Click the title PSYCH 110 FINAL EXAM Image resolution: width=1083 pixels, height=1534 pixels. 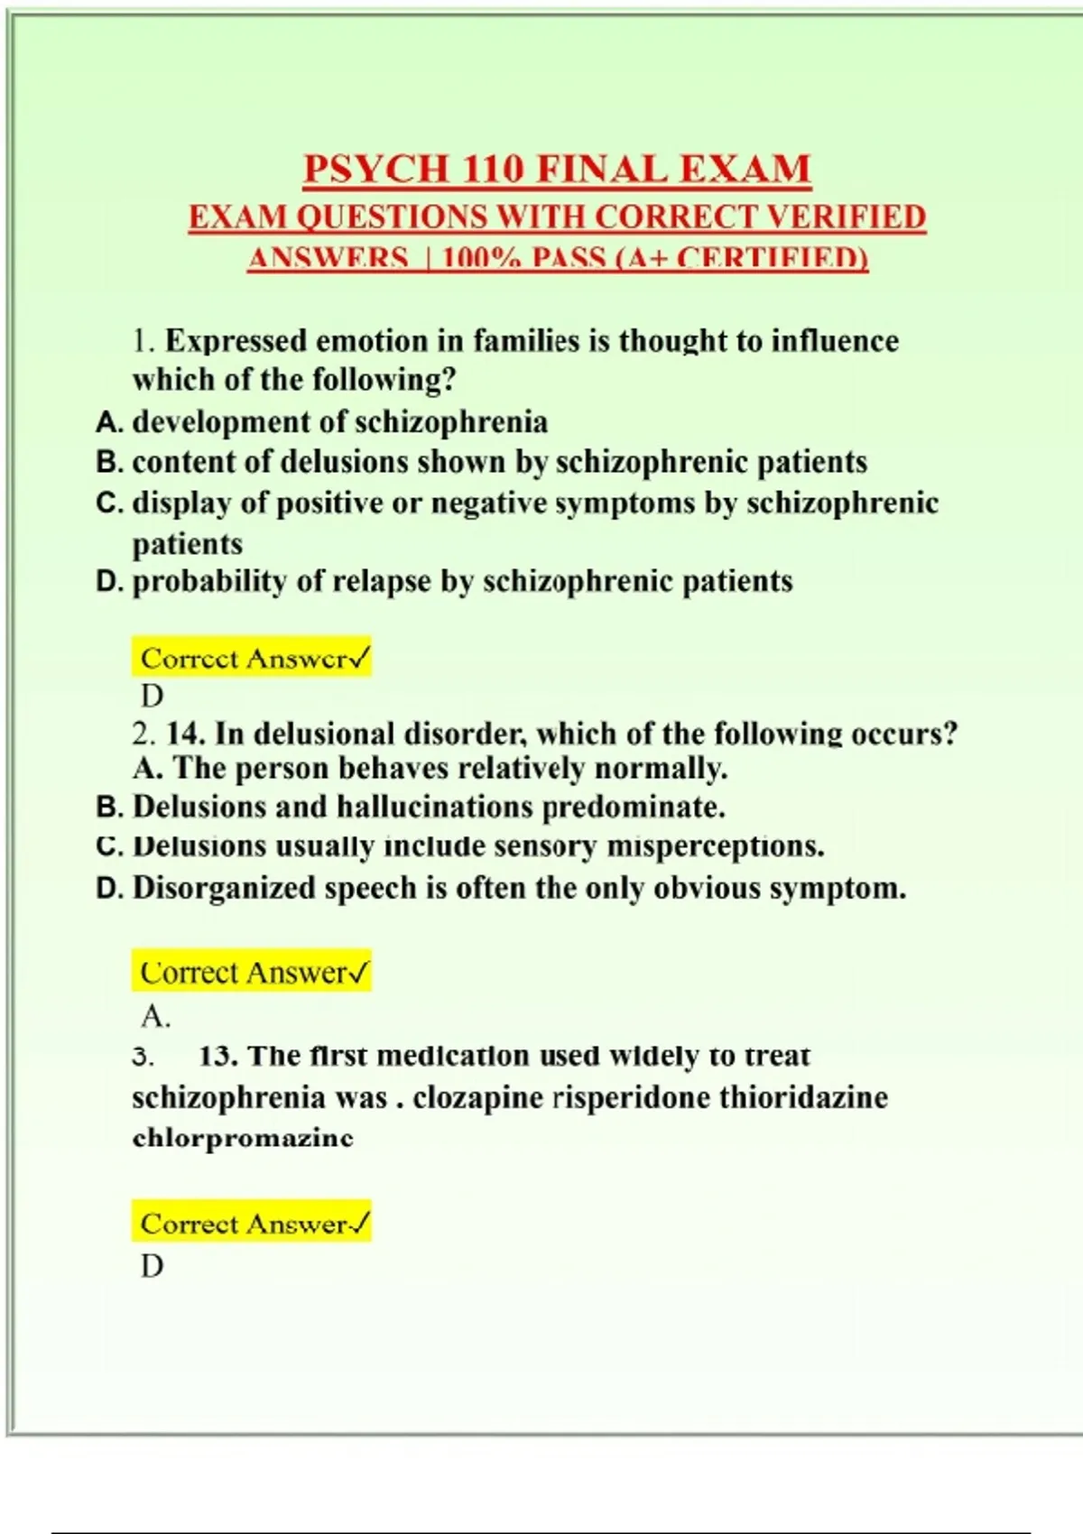tap(557, 169)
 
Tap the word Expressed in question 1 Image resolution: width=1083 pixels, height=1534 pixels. tap(236, 341)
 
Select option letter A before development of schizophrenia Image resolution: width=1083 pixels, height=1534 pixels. tap(108, 422)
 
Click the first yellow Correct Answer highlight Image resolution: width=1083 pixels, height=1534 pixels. tap(251, 659)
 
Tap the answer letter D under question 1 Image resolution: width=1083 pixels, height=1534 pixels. tap(152, 697)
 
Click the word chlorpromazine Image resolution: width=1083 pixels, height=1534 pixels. tap(243, 1138)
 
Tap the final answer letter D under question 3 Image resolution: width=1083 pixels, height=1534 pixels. tap(152, 1267)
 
